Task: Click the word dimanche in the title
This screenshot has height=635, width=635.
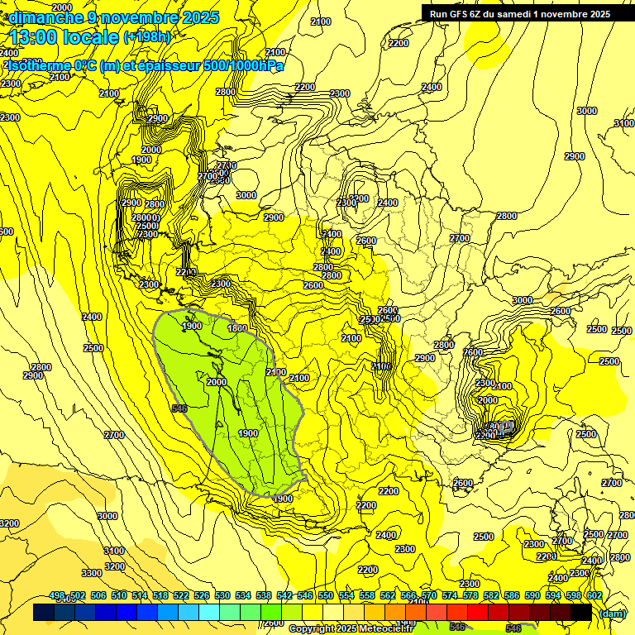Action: coord(45,17)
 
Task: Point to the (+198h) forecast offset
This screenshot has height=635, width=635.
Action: coord(146,37)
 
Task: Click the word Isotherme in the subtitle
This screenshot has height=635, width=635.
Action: coord(38,66)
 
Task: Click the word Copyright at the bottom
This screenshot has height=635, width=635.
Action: coord(312,629)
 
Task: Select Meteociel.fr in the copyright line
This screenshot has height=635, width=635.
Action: coord(394,629)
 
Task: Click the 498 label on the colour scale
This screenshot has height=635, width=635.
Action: coord(57,595)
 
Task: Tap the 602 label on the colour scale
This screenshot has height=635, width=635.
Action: coord(594,595)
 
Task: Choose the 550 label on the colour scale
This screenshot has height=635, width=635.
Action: coord(326,595)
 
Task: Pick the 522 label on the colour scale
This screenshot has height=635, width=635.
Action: coord(181,595)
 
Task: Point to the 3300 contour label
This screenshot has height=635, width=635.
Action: coord(92,573)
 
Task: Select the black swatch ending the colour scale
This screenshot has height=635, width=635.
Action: coord(580,613)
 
